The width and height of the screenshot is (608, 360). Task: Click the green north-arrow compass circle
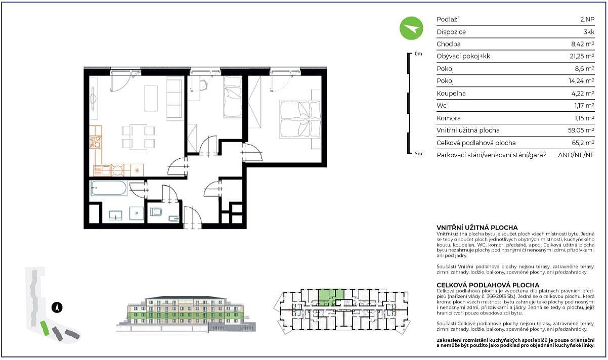coord(411,28)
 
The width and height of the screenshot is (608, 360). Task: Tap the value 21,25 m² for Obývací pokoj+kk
coord(582,56)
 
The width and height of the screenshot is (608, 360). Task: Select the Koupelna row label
coord(451,94)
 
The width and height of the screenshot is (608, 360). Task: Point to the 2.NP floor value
coord(587,20)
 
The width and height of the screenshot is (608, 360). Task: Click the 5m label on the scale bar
coord(418,154)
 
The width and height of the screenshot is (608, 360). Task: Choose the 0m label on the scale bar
coord(418,54)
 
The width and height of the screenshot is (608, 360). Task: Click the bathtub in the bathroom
coord(109,188)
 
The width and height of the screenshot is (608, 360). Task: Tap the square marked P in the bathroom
coord(137,213)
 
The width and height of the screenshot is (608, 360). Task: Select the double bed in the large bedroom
coord(300,119)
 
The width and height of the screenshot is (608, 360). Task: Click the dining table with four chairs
coord(139,137)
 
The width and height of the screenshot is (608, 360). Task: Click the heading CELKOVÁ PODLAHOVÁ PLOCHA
coord(488,285)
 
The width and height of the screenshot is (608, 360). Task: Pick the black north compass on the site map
coord(57,307)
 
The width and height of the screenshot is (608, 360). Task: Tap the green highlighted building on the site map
coord(45,328)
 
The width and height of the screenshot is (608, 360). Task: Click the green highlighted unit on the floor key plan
coord(330,297)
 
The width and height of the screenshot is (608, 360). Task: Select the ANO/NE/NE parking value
coord(576,155)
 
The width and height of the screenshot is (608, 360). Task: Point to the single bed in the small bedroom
coord(232,97)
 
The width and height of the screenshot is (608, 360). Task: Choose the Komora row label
coord(449,118)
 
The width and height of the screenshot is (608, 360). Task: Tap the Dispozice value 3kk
coord(589,32)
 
